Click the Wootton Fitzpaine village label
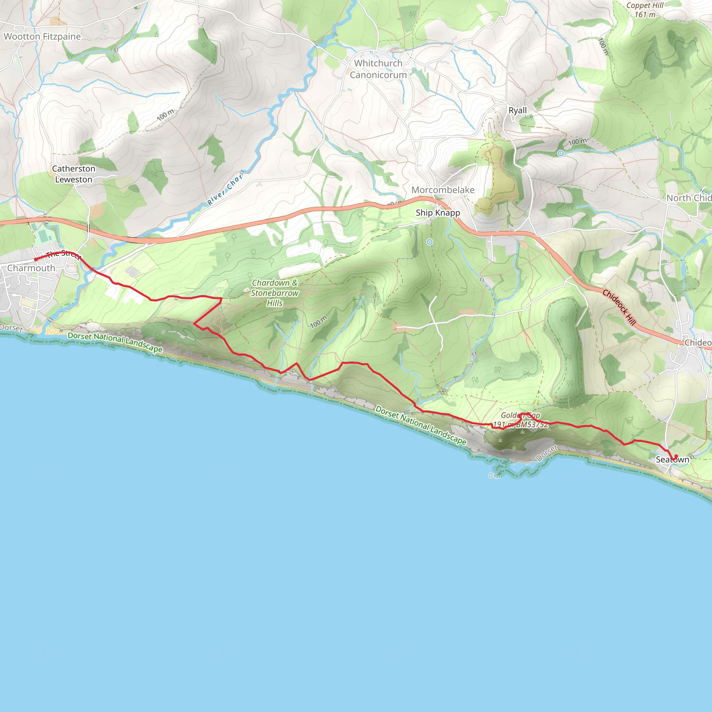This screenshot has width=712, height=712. coord(42,37)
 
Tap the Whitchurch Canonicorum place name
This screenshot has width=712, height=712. coord(378,69)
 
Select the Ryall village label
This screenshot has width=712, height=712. coord(517,110)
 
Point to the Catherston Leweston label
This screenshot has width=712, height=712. coord(74,174)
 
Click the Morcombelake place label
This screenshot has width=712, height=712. coord(443,190)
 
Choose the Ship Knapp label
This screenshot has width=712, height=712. coord(438,213)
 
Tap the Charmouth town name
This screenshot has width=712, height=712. coord(31,268)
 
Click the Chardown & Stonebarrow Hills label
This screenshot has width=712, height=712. coord(275,293)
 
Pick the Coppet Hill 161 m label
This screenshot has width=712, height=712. coord(645,10)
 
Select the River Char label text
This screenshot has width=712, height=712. coord(225,189)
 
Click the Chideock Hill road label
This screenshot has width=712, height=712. coord(619,308)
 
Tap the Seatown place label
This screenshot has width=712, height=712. coord(672,460)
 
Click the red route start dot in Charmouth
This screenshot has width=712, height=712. coord(36,259)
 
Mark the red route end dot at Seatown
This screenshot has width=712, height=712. coord(676,456)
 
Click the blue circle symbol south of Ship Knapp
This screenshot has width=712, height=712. coord(430,242)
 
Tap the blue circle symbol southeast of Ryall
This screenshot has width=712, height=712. coord(560,153)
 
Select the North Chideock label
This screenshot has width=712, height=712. coord(688,198)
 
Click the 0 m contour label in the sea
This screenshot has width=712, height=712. coord(495,476)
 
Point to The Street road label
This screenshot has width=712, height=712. coord(63,254)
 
